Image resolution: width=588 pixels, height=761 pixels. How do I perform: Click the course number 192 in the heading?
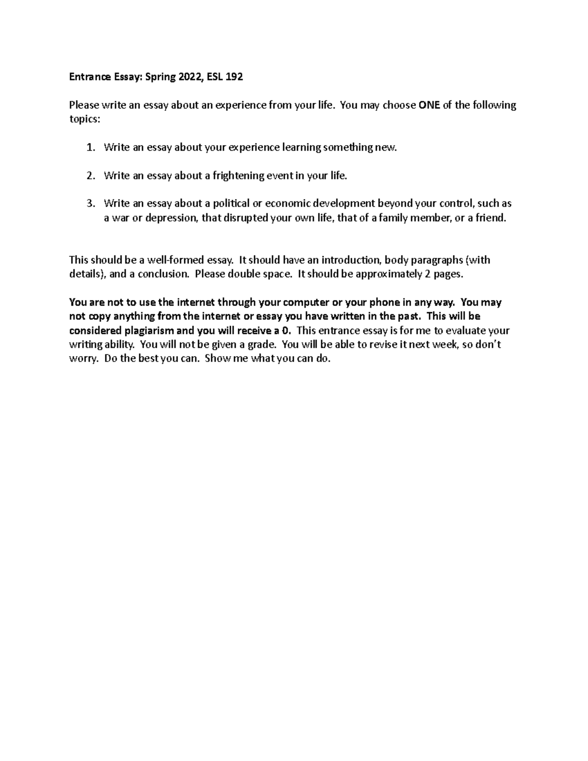[x=234, y=77]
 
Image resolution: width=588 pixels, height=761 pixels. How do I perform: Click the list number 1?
[x=90, y=147]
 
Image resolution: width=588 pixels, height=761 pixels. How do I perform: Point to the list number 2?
[x=90, y=175]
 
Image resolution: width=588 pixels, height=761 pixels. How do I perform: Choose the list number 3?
[x=90, y=203]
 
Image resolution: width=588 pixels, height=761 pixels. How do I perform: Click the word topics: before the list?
[x=84, y=119]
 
